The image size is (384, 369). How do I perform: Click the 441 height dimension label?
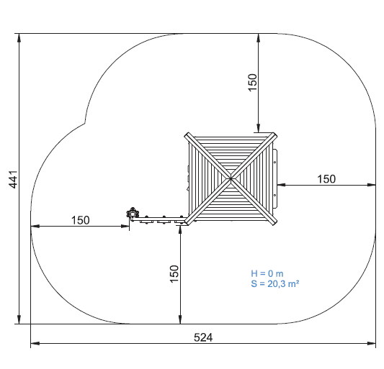click(13, 180)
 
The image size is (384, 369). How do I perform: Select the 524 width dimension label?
click(203, 337)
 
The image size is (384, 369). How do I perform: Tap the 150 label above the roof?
click(252, 83)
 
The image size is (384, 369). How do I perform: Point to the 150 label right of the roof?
click(326, 179)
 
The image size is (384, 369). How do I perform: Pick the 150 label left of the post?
click(80, 220)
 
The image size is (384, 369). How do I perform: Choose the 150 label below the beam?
click(174, 274)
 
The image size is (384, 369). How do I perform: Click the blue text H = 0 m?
click(267, 273)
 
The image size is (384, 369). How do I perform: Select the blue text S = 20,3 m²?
click(274, 283)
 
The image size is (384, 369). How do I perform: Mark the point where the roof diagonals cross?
click(231, 179)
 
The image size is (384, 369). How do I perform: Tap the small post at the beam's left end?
click(133, 214)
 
